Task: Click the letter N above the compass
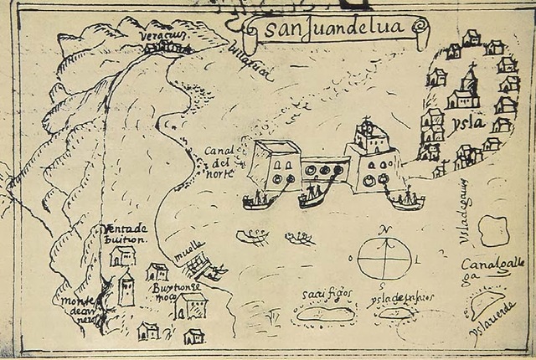click(x=383, y=229)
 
